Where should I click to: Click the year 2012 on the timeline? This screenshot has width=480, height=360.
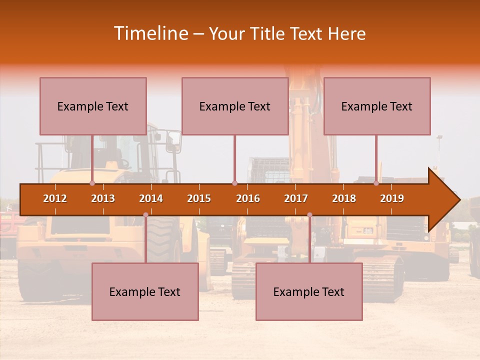55,198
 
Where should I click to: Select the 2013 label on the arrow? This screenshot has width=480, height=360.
103,198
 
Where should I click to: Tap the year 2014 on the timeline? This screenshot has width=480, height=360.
151,198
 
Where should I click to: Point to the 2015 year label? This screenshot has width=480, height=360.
199,198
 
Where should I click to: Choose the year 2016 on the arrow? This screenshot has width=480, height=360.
248,198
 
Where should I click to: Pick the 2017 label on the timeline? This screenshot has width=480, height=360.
296,198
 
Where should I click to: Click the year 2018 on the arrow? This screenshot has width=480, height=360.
344,198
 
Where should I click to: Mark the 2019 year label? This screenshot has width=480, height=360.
392,198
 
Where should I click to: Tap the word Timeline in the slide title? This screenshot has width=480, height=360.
149,33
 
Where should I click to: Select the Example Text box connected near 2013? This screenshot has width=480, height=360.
93,106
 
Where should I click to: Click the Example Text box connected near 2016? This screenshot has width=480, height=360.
235,106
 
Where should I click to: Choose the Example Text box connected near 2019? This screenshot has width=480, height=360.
377,106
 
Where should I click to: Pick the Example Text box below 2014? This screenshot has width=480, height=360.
145,291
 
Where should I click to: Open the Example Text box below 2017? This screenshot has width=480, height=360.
309,291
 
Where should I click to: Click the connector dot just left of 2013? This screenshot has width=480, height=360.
92,183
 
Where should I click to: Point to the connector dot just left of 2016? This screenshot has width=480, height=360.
234,183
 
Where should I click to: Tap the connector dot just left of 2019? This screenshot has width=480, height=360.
376,183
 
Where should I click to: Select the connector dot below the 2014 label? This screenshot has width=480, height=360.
145,215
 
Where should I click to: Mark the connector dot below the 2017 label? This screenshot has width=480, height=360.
309,215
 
